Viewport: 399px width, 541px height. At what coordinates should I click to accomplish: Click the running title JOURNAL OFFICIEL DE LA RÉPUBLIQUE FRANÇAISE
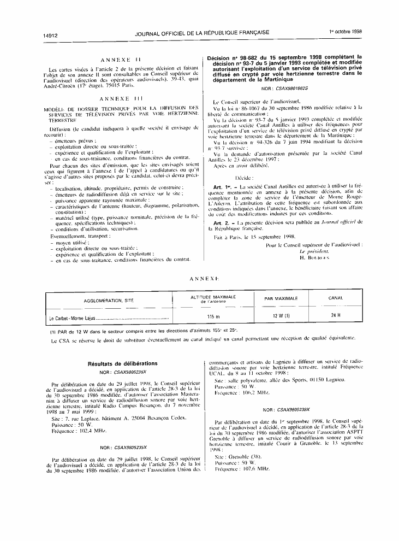tap(201, 33)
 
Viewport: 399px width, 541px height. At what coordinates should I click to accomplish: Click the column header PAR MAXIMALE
tap(281, 298)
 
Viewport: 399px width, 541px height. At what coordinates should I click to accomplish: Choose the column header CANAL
tap(335, 298)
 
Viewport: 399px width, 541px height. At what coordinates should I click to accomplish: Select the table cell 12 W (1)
tap(281, 316)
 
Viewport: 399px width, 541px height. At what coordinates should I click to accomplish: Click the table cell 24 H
tap(336, 316)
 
